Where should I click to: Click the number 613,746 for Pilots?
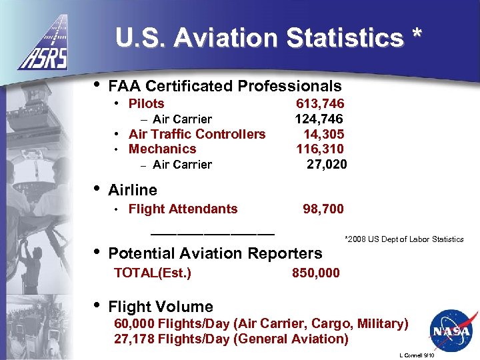[x=320, y=103]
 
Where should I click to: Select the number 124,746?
[x=319, y=119]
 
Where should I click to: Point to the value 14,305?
[x=323, y=134]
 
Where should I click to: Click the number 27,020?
[x=327, y=164]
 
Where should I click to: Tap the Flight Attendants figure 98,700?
[x=323, y=209]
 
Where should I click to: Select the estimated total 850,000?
[x=315, y=273]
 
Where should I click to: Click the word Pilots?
[x=146, y=103]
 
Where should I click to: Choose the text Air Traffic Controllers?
[x=197, y=134]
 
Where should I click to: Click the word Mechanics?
[x=162, y=149]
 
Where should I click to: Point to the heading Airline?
[x=132, y=190]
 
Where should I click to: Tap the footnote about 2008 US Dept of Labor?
[x=403, y=239]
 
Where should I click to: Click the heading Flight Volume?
[x=160, y=307]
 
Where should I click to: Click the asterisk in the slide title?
[x=417, y=35]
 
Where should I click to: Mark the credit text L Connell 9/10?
[x=419, y=355]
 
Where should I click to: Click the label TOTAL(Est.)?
[x=153, y=273]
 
